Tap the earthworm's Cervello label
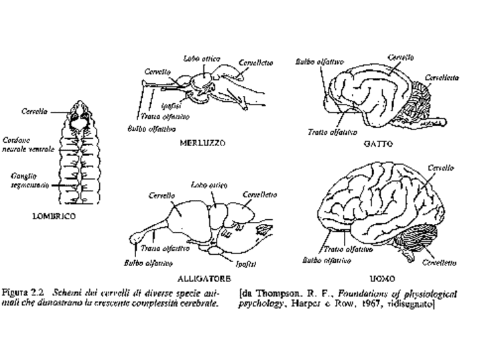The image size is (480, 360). click(x=34, y=111)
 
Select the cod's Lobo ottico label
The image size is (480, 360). click(x=202, y=59)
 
